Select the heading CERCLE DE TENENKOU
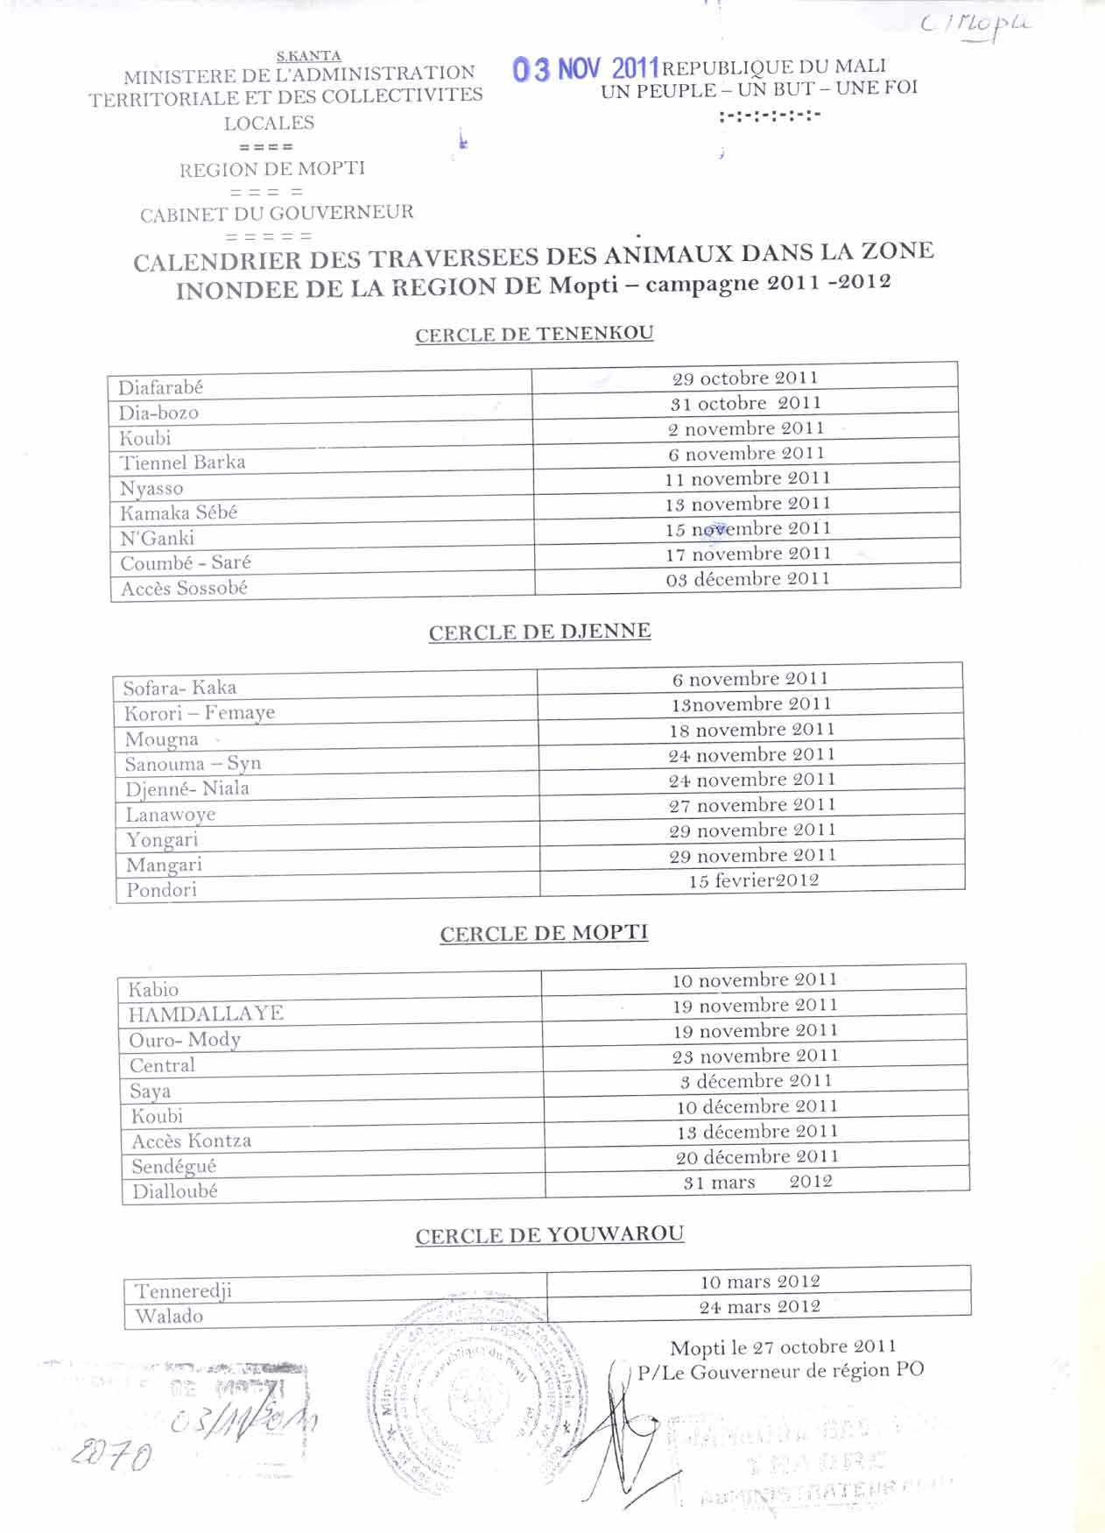[x=534, y=334]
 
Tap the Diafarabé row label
[x=161, y=387]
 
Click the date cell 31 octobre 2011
[x=745, y=404]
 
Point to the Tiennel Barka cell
[x=182, y=463]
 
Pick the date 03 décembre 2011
[x=747, y=579]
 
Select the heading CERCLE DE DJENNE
[x=539, y=632]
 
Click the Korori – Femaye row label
[x=200, y=713]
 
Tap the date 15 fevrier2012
[x=753, y=880]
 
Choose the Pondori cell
[x=161, y=890]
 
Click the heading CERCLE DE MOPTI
[x=544, y=934]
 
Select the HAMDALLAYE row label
[x=206, y=1014]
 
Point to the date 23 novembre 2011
[x=755, y=1056]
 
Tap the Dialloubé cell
[x=175, y=1191]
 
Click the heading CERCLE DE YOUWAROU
[x=549, y=1235]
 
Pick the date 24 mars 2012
[x=759, y=1307]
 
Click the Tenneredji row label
[x=183, y=1291]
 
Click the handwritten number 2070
[x=111, y=1456]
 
